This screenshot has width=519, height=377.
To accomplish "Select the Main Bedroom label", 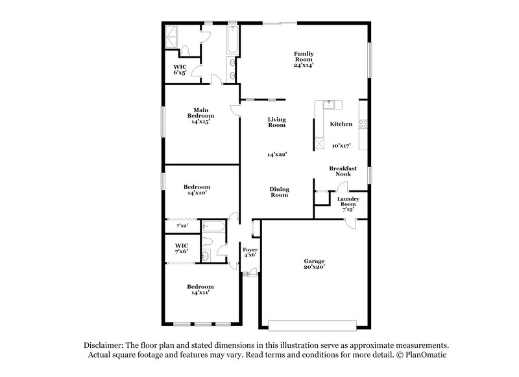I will click(200, 113).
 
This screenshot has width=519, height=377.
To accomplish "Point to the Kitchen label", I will click(341, 124).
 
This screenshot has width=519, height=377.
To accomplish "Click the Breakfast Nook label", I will click(343, 171).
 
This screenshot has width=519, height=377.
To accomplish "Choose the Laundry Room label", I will click(347, 201).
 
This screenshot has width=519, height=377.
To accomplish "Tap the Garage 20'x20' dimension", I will click(314, 266).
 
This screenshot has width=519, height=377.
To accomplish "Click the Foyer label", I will click(250, 249).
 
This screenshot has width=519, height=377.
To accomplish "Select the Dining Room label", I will click(280, 192).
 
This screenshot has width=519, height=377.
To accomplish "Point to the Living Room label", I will click(277, 122).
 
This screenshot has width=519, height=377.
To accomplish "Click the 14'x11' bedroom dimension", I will click(200, 293).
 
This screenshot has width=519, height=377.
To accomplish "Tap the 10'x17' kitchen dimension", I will click(341, 146).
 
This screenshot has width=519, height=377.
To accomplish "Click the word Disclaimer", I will click(104, 346).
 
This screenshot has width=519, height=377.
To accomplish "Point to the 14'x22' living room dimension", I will click(277, 155).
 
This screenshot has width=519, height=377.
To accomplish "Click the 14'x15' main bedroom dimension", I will click(200, 121).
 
